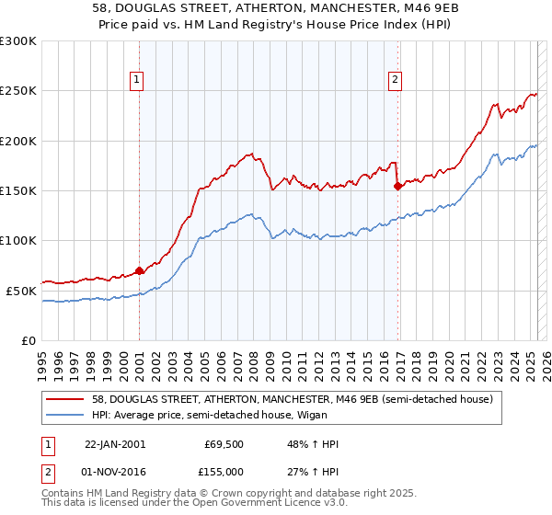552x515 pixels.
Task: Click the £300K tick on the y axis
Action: [x=18, y=41]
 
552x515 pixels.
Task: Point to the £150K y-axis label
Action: [x=18, y=190]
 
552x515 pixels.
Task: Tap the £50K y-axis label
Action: [x=21, y=290]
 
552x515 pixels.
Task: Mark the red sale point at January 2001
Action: [x=139, y=270]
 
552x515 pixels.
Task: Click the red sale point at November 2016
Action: [x=397, y=186]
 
